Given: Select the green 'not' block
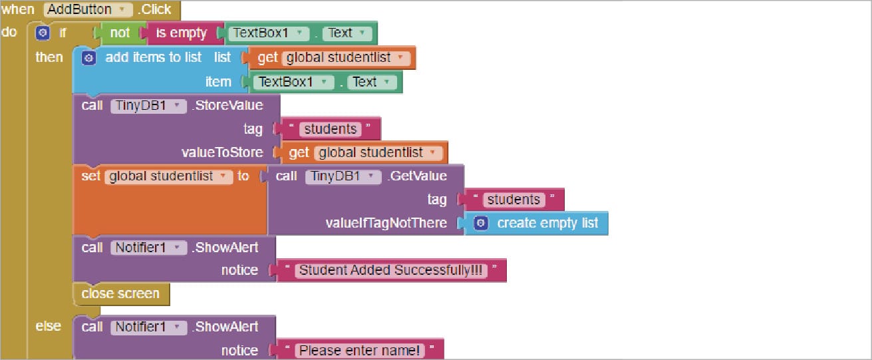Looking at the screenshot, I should pyautogui.click(x=120, y=33).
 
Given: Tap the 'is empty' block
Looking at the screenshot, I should pyautogui.click(x=180, y=33).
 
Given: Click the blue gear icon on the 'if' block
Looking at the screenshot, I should pyautogui.click(x=43, y=33).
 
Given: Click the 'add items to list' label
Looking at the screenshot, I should pyautogui.click(x=153, y=58).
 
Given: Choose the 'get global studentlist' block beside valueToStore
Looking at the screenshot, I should pyautogui.click(x=364, y=153).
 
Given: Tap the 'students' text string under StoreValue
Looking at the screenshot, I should pyautogui.click(x=330, y=129).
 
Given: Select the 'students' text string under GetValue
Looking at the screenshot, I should pyautogui.click(x=513, y=200).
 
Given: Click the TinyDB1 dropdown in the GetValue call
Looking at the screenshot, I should pyautogui.click(x=343, y=176).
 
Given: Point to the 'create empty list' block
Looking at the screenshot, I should pyautogui.click(x=547, y=224).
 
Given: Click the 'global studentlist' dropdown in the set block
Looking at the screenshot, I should pyautogui.click(x=169, y=176).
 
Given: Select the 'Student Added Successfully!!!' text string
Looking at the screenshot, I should pyautogui.click(x=391, y=271).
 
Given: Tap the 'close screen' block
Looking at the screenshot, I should pyautogui.click(x=120, y=294).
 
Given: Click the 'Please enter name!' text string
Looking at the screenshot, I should pyautogui.click(x=360, y=350).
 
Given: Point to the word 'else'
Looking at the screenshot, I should pyautogui.click(x=48, y=326).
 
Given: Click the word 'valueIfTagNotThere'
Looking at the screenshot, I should pyautogui.click(x=386, y=224).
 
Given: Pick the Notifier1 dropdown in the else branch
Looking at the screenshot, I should pyautogui.click(x=148, y=327).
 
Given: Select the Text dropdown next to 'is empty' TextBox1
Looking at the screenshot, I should pyautogui.click(x=347, y=33).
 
